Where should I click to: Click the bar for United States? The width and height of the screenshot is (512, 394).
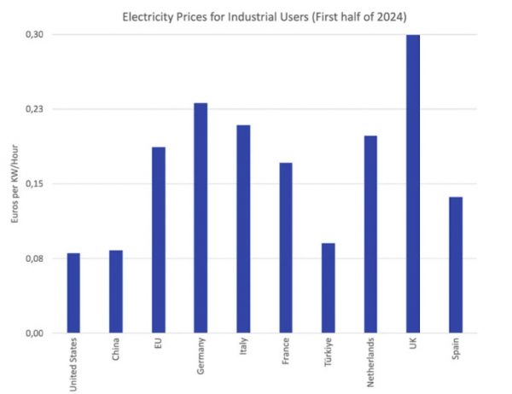tap(73, 293)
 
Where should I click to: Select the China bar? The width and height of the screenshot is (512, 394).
tap(116, 292)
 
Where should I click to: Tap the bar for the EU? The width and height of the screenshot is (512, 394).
tap(159, 240)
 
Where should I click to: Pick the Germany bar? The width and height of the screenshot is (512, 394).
tap(201, 217)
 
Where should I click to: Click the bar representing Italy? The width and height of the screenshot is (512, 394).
tap(243, 229)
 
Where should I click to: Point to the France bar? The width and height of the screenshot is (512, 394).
tap(286, 247)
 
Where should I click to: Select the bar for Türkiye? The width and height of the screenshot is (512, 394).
tap(328, 288)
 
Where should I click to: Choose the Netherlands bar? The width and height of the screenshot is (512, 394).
tap(370, 234)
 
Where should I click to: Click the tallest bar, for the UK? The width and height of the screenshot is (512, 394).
tap(413, 183)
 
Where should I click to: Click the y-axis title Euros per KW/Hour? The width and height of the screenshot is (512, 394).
tap(13, 183)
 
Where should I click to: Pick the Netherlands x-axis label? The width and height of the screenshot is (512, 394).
tap(370, 364)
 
